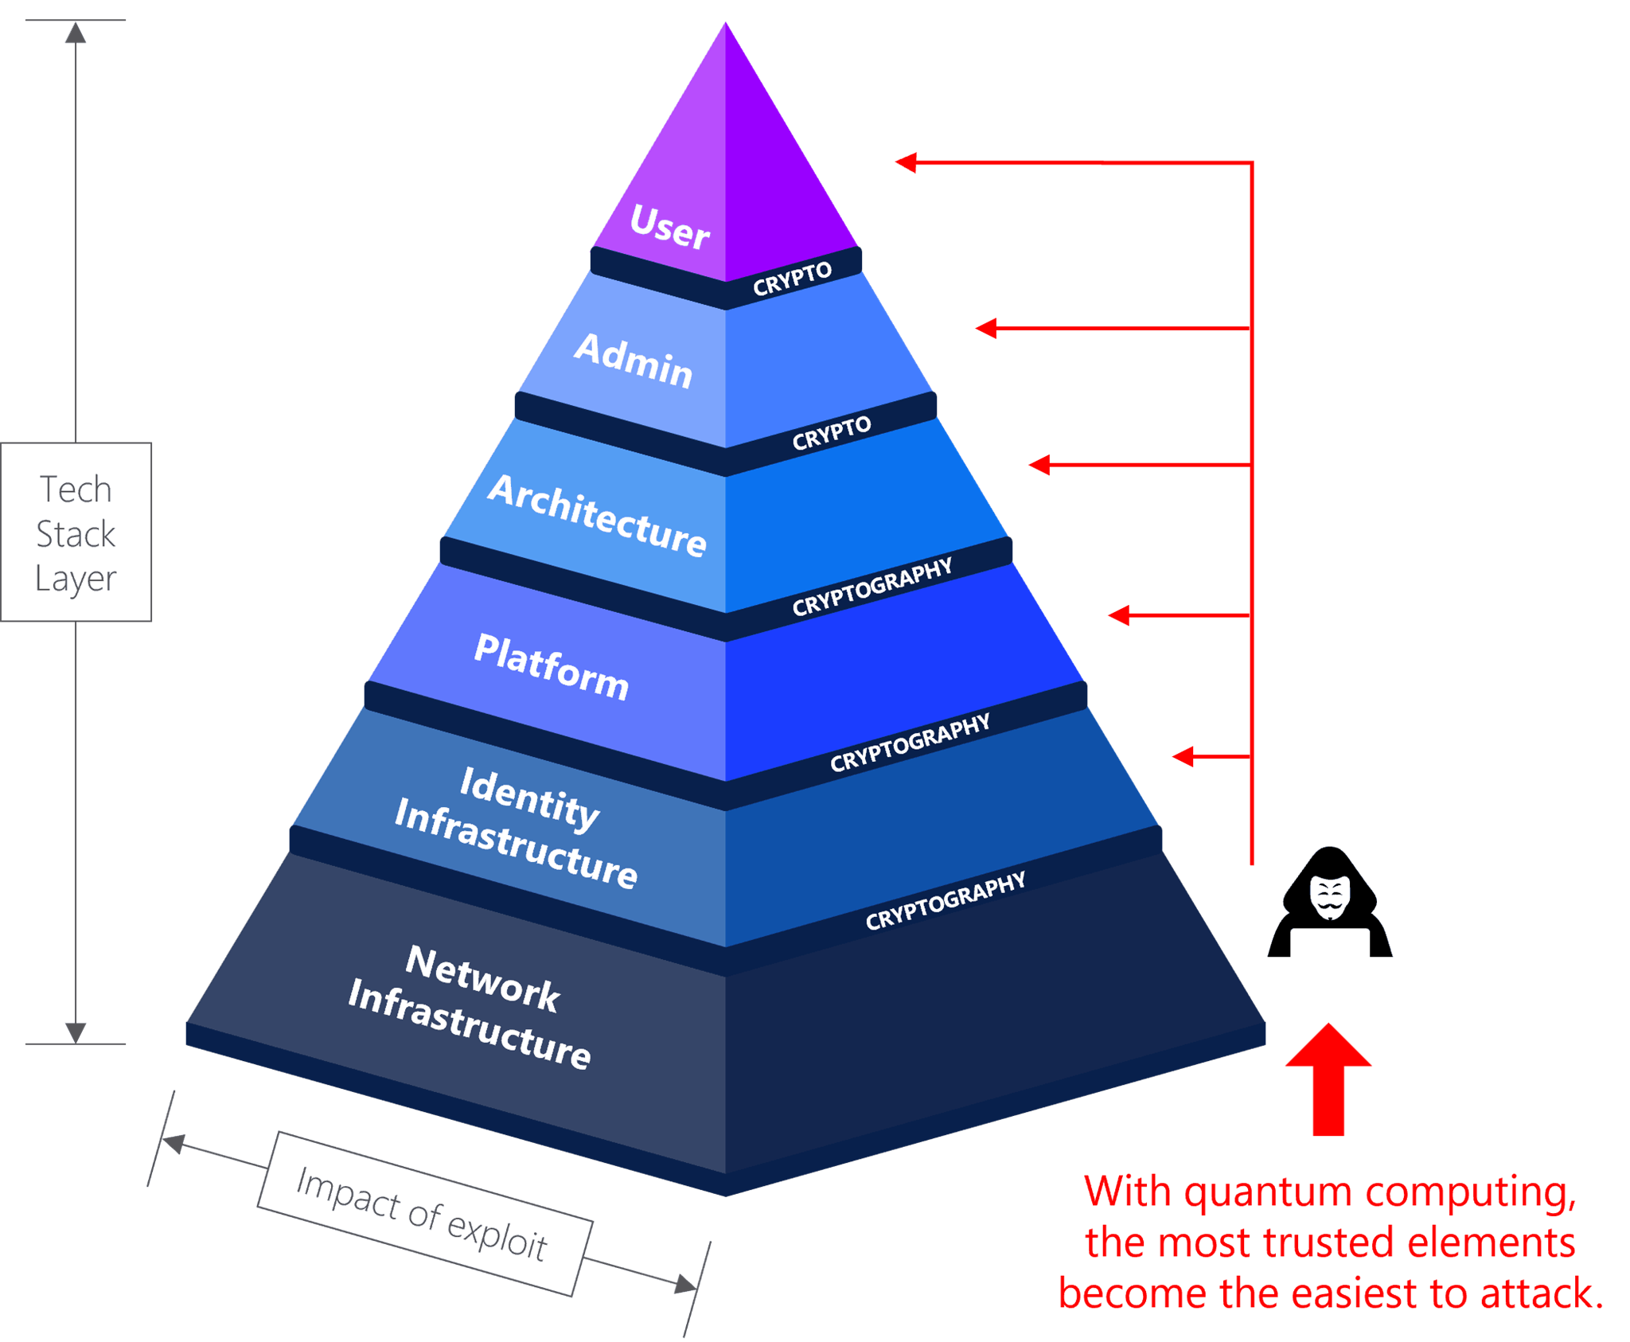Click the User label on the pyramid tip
669,227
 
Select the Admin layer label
634,361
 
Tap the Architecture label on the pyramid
597,514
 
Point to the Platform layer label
552,667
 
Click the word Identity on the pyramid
530,798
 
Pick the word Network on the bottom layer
483,978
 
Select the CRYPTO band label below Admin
831,432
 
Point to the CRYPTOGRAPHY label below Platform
910,742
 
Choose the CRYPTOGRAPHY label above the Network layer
946,900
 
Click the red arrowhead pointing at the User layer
906,162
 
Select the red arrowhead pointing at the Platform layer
1118,614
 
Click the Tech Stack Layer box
76,533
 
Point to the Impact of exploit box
423,1214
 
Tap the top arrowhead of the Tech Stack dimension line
76,33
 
